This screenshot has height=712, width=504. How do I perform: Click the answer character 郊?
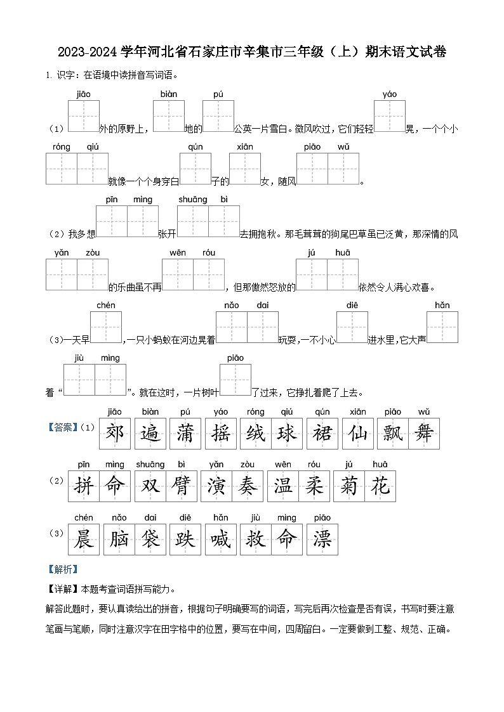tap(114, 434)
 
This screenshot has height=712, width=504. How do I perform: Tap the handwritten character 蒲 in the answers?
tap(185, 434)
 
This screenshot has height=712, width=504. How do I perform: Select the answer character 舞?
tap(424, 434)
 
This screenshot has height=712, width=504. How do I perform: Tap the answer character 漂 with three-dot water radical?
tap(322, 539)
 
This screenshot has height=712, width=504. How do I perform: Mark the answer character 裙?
tap(322, 434)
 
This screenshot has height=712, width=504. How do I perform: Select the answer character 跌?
tap(185, 539)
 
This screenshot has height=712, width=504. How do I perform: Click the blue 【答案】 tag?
tap(62, 427)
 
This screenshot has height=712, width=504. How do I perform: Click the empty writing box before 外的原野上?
tap(83, 116)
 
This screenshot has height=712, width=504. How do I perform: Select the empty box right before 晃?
tap(389, 116)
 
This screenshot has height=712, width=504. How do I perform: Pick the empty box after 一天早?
tap(106, 327)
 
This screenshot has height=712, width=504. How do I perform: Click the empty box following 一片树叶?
tap(235, 380)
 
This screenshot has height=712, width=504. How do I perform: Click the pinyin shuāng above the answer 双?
tap(150, 465)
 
